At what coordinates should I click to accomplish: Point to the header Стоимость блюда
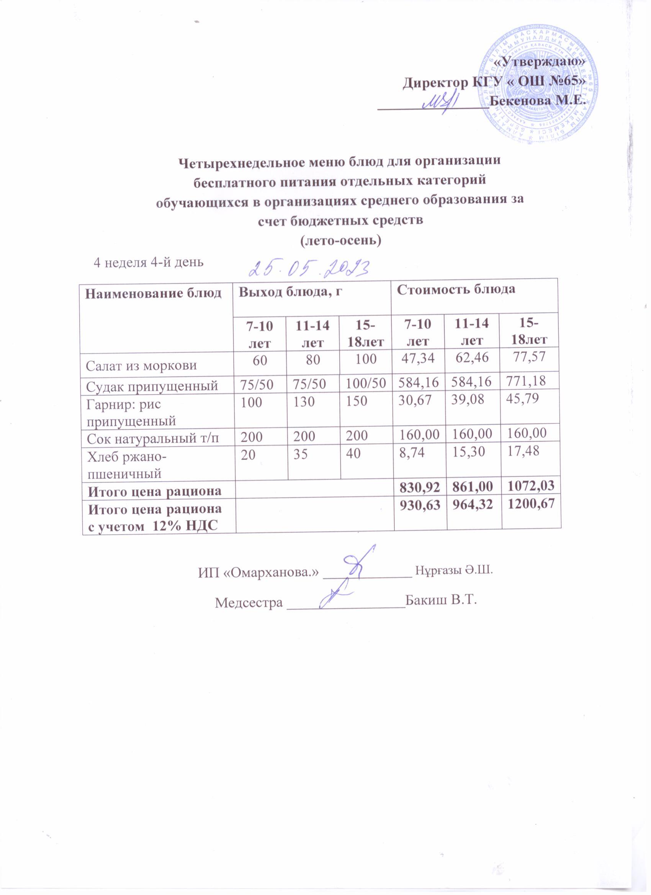point(456,289)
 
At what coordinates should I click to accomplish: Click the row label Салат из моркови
point(141,365)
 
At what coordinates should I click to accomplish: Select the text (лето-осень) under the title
point(341,240)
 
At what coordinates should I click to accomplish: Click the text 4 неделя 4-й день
point(148,261)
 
